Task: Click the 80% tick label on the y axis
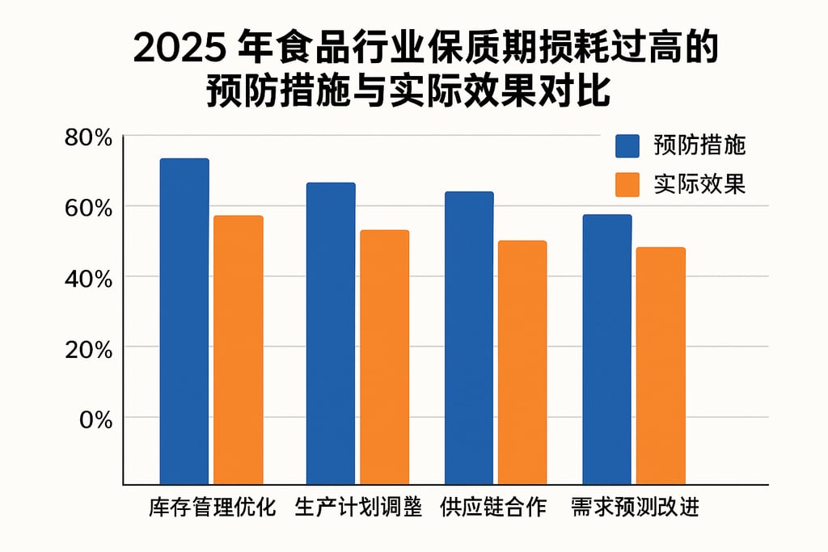click(88, 138)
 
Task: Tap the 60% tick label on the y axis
click(88, 208)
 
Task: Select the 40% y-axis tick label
click(88, 278)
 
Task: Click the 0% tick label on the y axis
click(94, 419)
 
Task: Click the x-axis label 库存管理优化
click(213, 508)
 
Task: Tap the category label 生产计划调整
click(358, 508)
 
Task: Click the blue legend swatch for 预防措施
click(627, 146)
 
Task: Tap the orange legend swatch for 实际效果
click(627, 184)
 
